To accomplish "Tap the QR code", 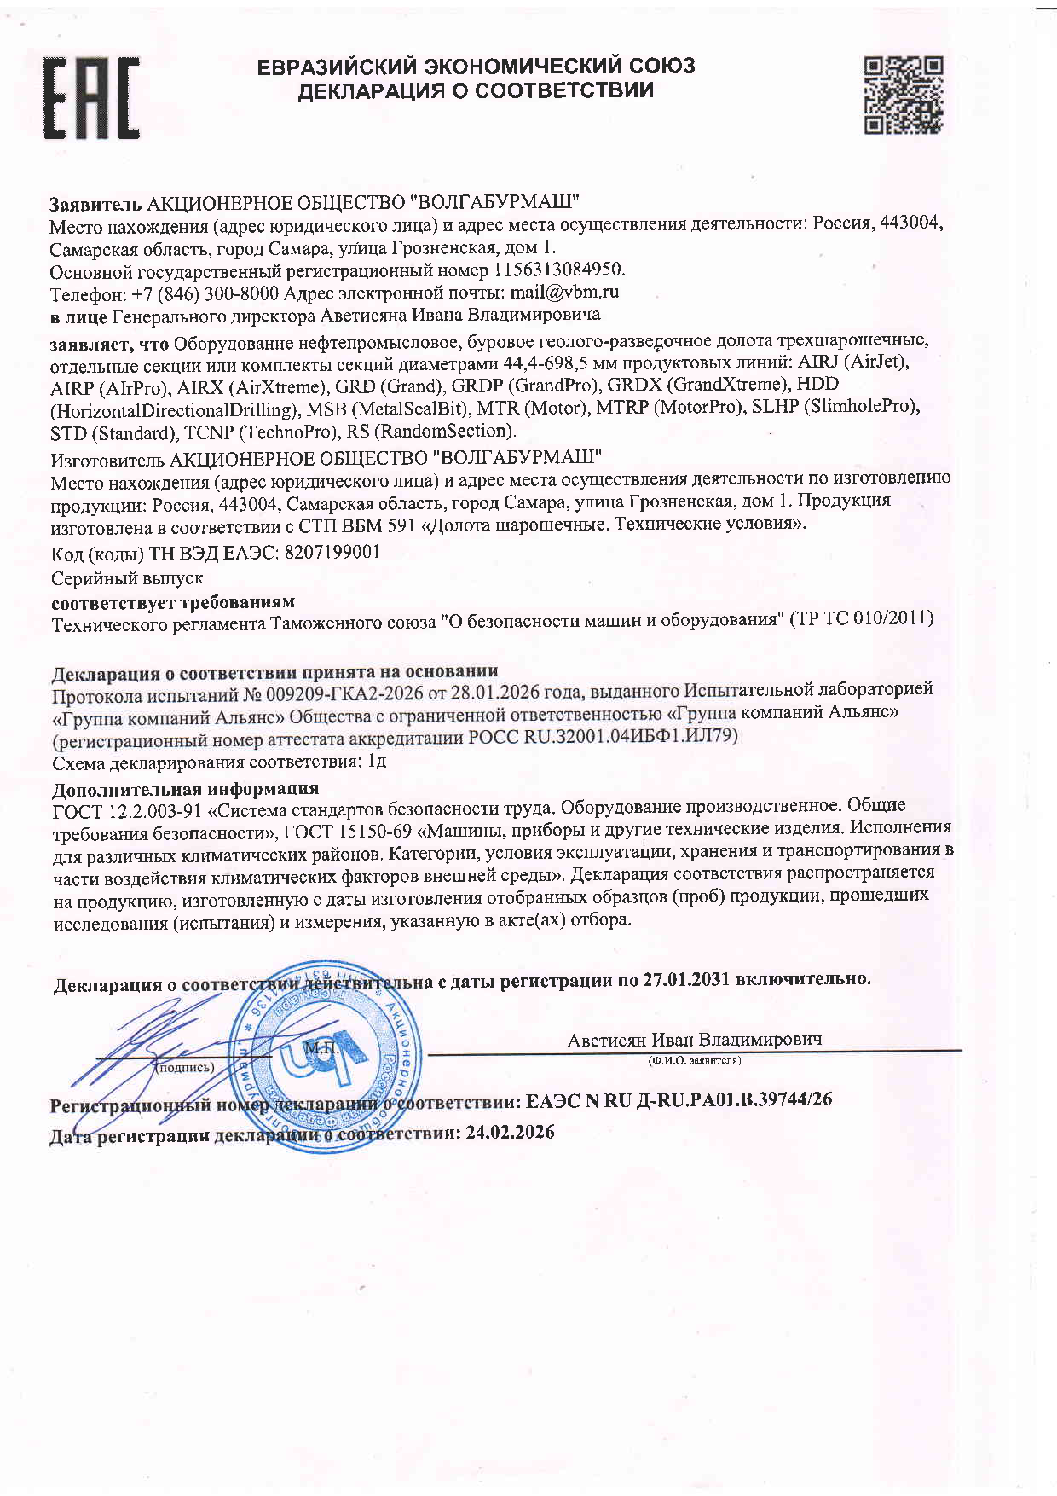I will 903,95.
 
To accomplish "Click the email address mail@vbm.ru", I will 564,293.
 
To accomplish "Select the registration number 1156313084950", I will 558,270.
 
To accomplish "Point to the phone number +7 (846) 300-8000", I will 205,293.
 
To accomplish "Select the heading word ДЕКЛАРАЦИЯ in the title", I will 370,90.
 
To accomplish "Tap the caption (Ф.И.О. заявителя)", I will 694,1061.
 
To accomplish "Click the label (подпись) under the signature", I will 187,1067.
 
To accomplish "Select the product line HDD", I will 817,385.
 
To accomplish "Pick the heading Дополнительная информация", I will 186,788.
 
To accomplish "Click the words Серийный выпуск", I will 127,578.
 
